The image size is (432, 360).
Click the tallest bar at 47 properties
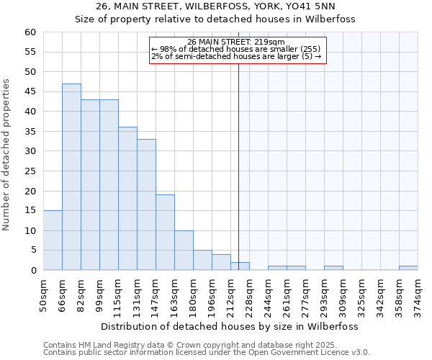click(x=71, y=177)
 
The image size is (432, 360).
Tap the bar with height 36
click(x=127, y=199)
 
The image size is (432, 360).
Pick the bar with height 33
click(x=146, y=204)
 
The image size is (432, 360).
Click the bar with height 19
click(x=165, y=233)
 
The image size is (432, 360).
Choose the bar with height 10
click(x=184, y=251)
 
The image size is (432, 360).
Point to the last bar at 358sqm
click(x=408, y=268)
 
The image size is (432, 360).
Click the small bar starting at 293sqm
click(x=333, y=268)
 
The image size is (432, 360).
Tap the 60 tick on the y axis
click(x=30, y=32)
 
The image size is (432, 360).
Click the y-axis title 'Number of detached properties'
click(x=7, y=156)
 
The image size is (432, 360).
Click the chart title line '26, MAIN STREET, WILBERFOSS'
click(x=215, y=6)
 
